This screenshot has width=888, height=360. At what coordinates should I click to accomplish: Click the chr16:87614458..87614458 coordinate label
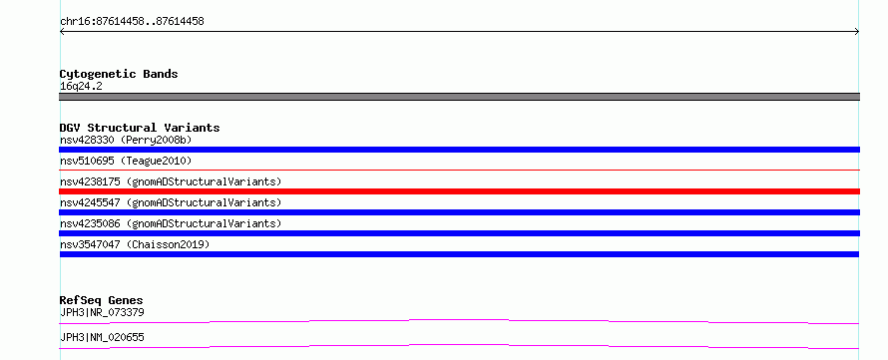132,22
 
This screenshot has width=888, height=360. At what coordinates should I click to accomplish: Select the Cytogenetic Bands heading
119,74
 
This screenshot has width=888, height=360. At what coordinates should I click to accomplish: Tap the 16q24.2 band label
81,87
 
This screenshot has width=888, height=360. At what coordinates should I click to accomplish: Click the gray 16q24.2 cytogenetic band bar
459,97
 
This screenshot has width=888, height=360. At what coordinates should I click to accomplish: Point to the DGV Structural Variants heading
140,128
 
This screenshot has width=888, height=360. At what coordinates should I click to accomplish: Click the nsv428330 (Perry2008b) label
128,140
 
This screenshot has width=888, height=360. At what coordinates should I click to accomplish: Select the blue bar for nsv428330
459,150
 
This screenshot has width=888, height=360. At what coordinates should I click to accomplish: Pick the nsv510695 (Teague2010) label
126,162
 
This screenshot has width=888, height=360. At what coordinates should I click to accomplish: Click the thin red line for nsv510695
459,170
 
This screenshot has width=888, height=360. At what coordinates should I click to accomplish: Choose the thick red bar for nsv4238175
459,191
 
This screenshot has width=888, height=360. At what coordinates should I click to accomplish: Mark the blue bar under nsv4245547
459,212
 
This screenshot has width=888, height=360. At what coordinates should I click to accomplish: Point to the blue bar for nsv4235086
459,233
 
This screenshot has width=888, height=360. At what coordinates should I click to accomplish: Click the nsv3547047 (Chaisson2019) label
135,244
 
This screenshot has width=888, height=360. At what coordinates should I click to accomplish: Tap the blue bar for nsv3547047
459,254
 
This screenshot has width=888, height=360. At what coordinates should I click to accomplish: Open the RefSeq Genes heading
102,300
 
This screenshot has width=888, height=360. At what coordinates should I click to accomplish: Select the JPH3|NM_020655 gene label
102,337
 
